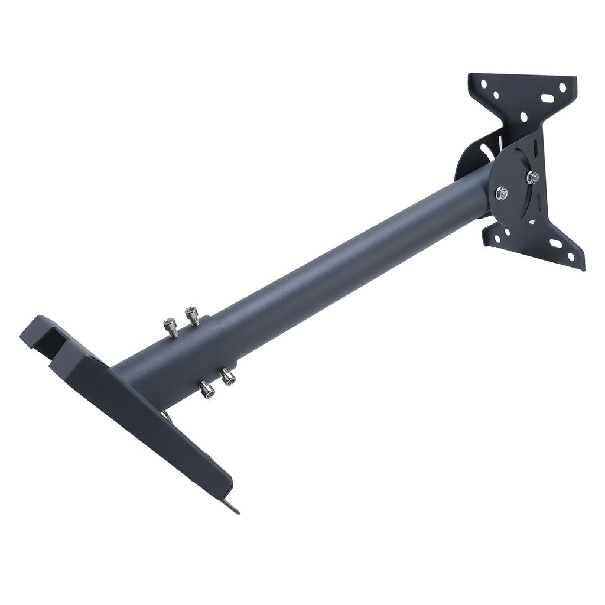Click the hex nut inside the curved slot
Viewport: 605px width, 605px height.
532,176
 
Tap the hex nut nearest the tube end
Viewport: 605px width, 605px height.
502,192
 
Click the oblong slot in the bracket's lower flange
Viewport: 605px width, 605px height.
557,243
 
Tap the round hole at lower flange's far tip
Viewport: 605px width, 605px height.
572,256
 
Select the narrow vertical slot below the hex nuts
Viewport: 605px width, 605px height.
531,221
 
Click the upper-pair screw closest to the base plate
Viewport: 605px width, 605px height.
170,326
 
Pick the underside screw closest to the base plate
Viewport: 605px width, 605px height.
206,389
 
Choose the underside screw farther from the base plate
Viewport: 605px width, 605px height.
227,376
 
